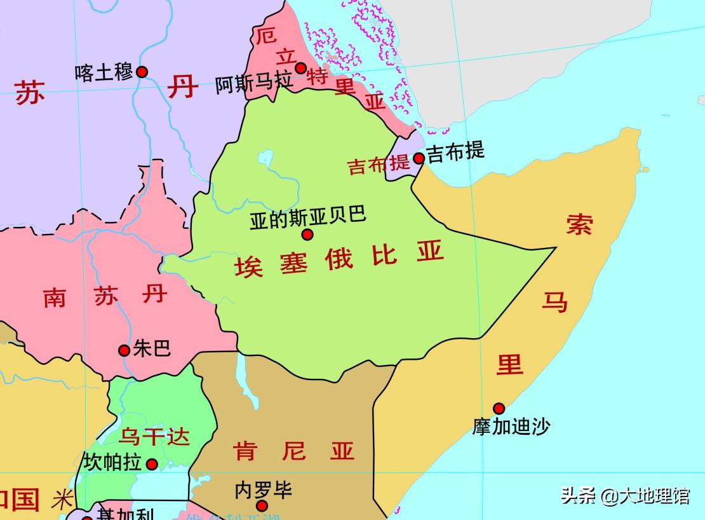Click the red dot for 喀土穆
pos(142,72)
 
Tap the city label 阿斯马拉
pos(254,84)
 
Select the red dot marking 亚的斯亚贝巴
pos(307,235)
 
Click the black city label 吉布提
pos(455,151)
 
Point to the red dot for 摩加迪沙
pos(499,408)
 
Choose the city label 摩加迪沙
pos(511,426)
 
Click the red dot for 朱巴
pos(124,350)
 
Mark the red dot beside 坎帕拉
pos(152,465)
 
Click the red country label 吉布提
pos(379,165)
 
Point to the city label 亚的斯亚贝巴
pos(307,216)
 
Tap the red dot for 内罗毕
pos(262,506)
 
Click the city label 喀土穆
pos(104,72)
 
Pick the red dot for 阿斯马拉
pos(301,68)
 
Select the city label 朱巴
pos(152,348)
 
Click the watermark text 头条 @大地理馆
pos(625,495)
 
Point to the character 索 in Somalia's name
pos(579,224)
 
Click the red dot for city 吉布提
pos(419,158)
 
